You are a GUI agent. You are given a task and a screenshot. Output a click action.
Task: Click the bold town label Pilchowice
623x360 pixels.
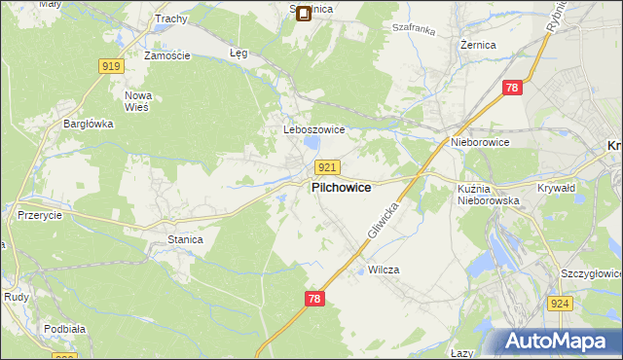coord(340,187)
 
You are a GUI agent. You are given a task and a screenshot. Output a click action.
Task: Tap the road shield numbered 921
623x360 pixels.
coord(327,168)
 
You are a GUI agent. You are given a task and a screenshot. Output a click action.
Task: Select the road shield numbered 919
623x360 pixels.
coord(110,66)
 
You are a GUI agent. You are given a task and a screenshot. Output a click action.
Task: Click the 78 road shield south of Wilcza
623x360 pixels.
coord(312,299)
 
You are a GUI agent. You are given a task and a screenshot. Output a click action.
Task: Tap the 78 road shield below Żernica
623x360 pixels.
coord(513,89)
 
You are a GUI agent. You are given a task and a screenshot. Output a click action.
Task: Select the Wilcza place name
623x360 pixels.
coord(385,270)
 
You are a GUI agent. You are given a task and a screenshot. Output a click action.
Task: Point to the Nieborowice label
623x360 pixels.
coord(480,142)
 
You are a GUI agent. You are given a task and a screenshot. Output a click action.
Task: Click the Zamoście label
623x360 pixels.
coord(165,56)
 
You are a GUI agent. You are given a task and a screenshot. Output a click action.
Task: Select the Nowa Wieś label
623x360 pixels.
coord(137,101)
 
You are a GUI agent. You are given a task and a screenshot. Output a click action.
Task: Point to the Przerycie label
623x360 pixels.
coord(40,216)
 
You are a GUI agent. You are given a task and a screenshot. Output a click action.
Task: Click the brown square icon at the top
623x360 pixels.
coord(303,14)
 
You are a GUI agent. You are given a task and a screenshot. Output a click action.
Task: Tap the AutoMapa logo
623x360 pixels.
coord(558,342)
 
